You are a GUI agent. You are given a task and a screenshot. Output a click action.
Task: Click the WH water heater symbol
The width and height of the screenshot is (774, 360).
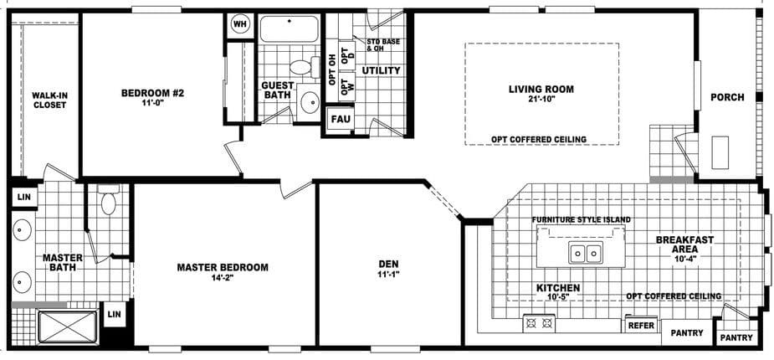pyautogui.click(x=240, y=24)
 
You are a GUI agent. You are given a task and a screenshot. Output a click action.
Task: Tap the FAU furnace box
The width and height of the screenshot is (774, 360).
pyautogui.click(x=340, y=119)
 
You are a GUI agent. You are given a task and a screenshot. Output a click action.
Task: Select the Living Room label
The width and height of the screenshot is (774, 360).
pyautogui.click(x=541, y=88)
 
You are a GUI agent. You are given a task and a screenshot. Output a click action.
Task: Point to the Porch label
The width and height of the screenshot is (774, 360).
pyautogui.click(x=727, y=97)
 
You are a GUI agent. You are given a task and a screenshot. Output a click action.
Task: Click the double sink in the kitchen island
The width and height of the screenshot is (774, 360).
pyautogui.click(x=583, y=252)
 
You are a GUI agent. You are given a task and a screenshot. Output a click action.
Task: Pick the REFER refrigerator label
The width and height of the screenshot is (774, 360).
pyautogui.click(x=640, y=325)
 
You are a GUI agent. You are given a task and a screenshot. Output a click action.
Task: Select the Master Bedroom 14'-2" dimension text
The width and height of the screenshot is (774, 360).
pyautogui.click(x=222, y=278)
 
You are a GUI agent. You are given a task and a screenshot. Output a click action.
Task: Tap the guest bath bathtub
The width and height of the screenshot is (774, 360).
pyautogui.click(x=289, y=28)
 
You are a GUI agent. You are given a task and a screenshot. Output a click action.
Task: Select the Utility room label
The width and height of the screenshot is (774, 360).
pyautogui.click(x=381, y=70)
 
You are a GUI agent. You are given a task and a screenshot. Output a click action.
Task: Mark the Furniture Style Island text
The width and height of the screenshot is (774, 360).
pyautogui.click(x=582, y=219)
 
